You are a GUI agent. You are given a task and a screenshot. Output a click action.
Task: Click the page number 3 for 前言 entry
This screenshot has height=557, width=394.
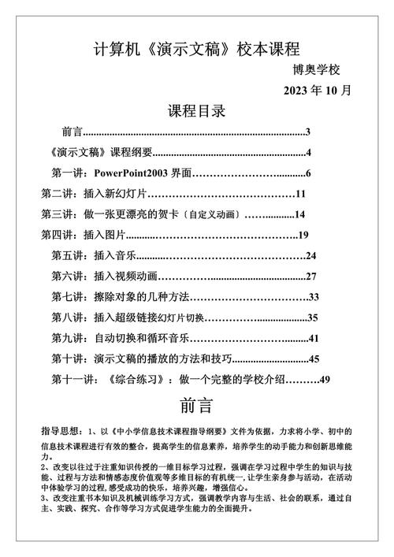[x=308, y=132]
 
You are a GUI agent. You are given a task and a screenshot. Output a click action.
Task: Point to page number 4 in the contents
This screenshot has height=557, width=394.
[x=310, y=153]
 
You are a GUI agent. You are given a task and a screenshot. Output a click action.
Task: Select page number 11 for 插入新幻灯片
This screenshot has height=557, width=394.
[x=300, y=194]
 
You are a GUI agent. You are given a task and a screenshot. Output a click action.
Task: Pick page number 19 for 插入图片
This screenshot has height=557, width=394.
[x=302, y=235]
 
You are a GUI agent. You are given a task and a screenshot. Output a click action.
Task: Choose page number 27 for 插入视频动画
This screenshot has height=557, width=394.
[x=310, y=276]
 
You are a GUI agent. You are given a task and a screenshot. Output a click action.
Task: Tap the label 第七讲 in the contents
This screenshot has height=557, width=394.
[x=69, y=296]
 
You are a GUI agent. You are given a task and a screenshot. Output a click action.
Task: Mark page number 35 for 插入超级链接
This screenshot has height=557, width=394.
[x=312, y=317]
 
